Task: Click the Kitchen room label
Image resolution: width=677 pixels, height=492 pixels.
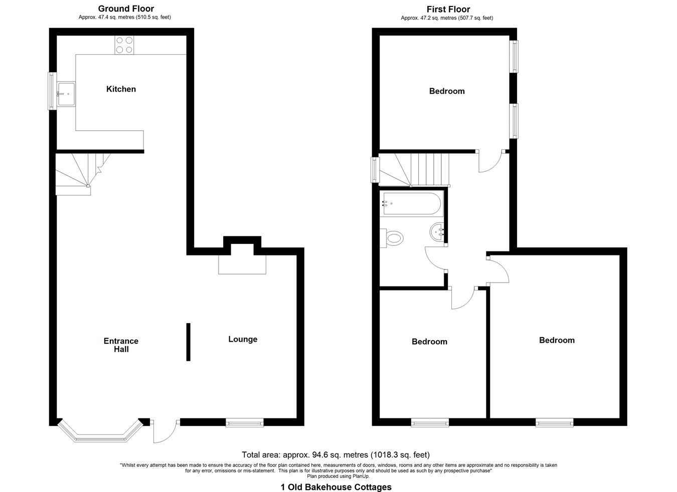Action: coord(121,89)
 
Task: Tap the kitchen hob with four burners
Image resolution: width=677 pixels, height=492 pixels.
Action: coord(124,45)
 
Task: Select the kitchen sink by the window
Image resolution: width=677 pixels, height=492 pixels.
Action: coord(66,94)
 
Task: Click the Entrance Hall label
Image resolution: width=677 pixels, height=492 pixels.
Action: coord(121,345)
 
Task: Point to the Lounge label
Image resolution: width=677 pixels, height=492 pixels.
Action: coord(243,339)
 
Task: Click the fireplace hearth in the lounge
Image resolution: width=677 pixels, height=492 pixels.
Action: coord(242,264)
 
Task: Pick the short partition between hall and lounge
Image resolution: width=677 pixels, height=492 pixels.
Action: coord(188,342)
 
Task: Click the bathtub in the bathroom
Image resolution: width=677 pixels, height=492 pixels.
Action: coord(411,203)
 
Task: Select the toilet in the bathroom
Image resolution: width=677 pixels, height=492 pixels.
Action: coord(393,237)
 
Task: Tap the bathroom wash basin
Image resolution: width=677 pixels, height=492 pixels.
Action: coord(438,232)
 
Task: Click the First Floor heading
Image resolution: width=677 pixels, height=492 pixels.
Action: coord(448,9)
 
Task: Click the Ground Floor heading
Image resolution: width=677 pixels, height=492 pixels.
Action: coord(126,9)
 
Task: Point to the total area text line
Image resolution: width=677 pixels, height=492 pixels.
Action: coord(335,455)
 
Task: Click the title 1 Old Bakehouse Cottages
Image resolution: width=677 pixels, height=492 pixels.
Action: coord(336,487)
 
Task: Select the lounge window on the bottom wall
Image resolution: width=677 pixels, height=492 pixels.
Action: coord(245,423)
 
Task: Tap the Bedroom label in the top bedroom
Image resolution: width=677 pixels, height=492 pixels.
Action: coord(447,91)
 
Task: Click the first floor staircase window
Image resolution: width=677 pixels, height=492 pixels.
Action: coord(375,170)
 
